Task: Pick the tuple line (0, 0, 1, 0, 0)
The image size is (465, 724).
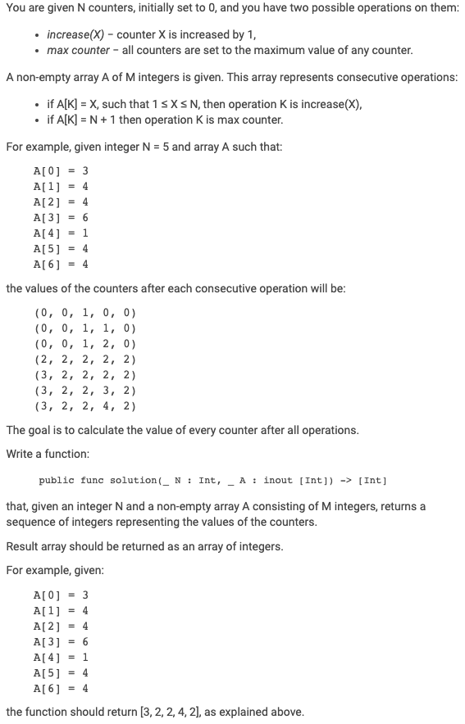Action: (x=85, y=313)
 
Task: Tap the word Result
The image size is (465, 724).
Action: (x=23, y=546)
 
